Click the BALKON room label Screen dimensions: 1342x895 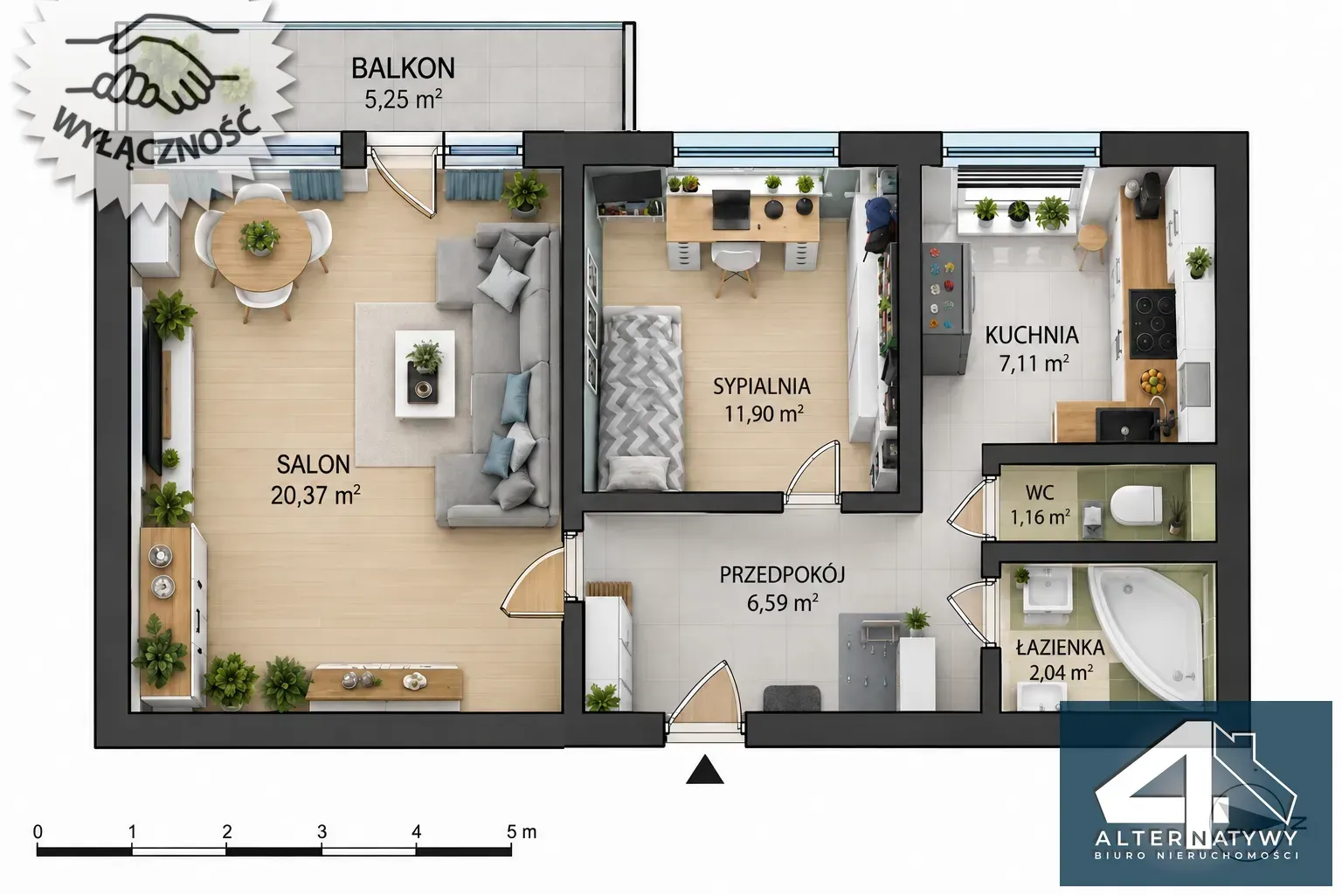(403, 68)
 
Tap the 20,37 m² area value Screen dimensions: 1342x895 (315, 496)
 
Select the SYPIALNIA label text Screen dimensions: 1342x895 (762, 386)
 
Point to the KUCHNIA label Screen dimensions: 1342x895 (1032, 335)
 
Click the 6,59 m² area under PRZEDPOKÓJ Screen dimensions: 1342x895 (783, 602)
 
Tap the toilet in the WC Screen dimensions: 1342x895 (1135, 504)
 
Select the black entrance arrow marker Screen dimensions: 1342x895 (705, 770)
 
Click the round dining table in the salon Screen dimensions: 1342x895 (260, 245)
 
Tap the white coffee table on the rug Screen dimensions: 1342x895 (425, 373)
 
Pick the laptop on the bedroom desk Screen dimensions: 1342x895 (731, 209)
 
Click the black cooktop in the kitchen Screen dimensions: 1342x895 (1152, 324)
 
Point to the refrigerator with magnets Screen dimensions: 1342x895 (946, 309)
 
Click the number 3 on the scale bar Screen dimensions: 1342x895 (322, 831)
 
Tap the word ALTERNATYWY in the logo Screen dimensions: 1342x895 (1196, 836)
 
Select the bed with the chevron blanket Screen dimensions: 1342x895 (641, 398)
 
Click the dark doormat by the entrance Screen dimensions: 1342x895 (792, 698)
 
